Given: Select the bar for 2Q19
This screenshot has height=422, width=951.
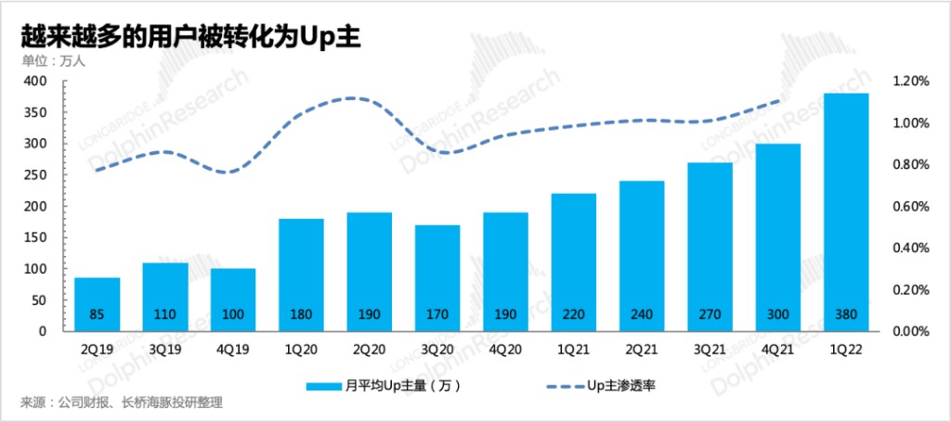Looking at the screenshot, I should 97,303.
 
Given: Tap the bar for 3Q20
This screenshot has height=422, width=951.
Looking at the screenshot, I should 437,277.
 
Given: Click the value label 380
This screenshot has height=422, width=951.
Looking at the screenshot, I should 846,314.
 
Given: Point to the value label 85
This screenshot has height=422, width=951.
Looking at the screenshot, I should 97,314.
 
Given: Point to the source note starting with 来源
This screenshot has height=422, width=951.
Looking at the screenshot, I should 121,403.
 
